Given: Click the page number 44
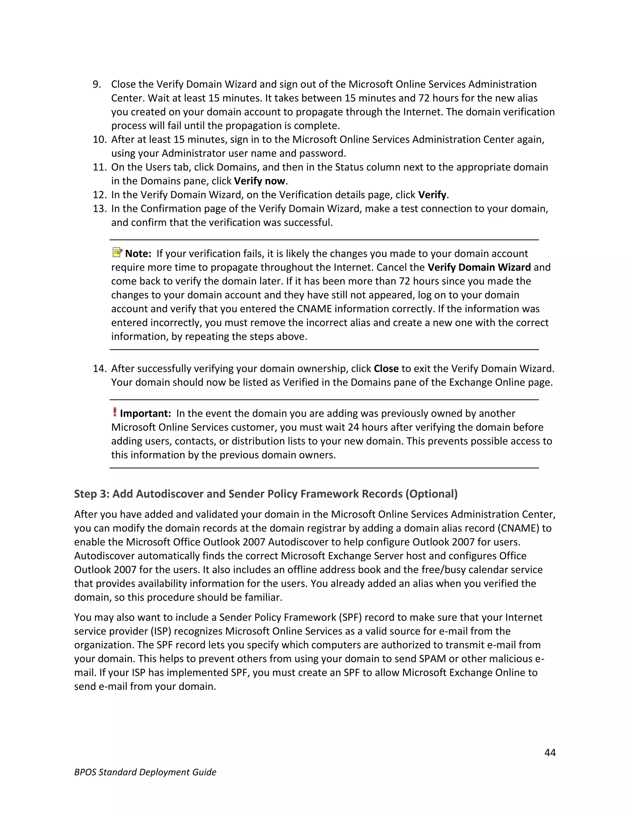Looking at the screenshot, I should (x=550, y=752).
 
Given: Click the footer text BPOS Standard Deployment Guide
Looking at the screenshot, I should (x=145, y=772).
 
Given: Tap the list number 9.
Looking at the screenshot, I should (x=97, y=84).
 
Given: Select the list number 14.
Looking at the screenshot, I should (x=100, y=369).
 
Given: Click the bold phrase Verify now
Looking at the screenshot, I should (x=259, y=181).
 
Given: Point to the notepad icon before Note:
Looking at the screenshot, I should (x=117, y=252).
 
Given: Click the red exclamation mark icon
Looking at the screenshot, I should (x=114, y=412).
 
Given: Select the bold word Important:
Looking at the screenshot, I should (x=145, y=413).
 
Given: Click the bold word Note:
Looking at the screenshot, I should (x=138, y=254).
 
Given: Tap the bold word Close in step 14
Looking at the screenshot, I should (x=386, y=369).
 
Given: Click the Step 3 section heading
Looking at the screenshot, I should (x=265, y=494).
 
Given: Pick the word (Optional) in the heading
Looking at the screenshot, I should (x=432, y=494).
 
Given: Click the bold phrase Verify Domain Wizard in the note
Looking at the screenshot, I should (x=479, y=268).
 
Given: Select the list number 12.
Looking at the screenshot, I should (x=100, y=195).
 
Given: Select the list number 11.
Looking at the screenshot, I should (x=100, y=167).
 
